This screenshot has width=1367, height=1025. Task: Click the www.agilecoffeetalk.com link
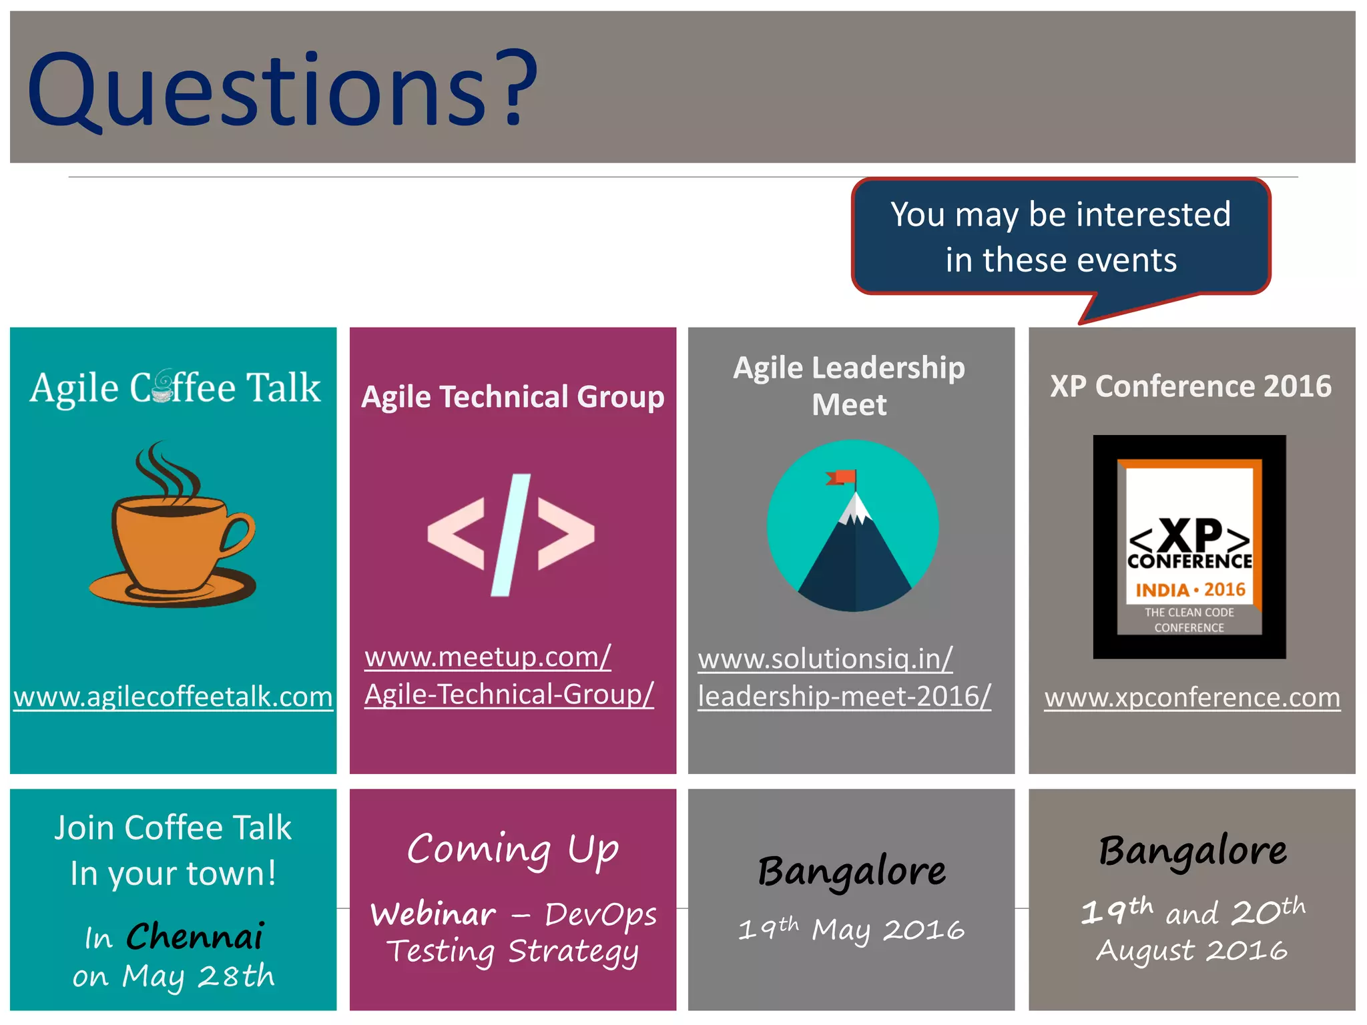pos(173,697)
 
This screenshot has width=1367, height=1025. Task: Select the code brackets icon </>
pos(511,534)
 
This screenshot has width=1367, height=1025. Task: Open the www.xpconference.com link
pos(1192,698)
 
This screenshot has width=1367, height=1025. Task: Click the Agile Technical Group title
pos(513,397)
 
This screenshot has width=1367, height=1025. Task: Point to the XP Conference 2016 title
pos(1191,386)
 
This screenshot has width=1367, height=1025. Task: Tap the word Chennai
pos(195,936)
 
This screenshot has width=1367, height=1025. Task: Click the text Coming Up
pos(513,849)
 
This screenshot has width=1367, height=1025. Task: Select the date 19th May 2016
pos(852,929)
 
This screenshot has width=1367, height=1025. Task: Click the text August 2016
pos(1192,950)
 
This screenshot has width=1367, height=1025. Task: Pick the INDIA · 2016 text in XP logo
pos(1190,590)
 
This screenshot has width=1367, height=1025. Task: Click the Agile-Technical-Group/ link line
pos(509,695)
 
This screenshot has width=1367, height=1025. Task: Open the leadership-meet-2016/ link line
pos(844,697)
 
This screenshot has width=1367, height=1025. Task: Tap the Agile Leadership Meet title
pos(849,386)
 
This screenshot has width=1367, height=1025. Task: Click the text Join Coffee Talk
pos(173,828)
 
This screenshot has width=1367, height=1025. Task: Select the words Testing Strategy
pos(513,952)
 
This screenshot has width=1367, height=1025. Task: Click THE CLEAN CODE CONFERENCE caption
pos(1189,620)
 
